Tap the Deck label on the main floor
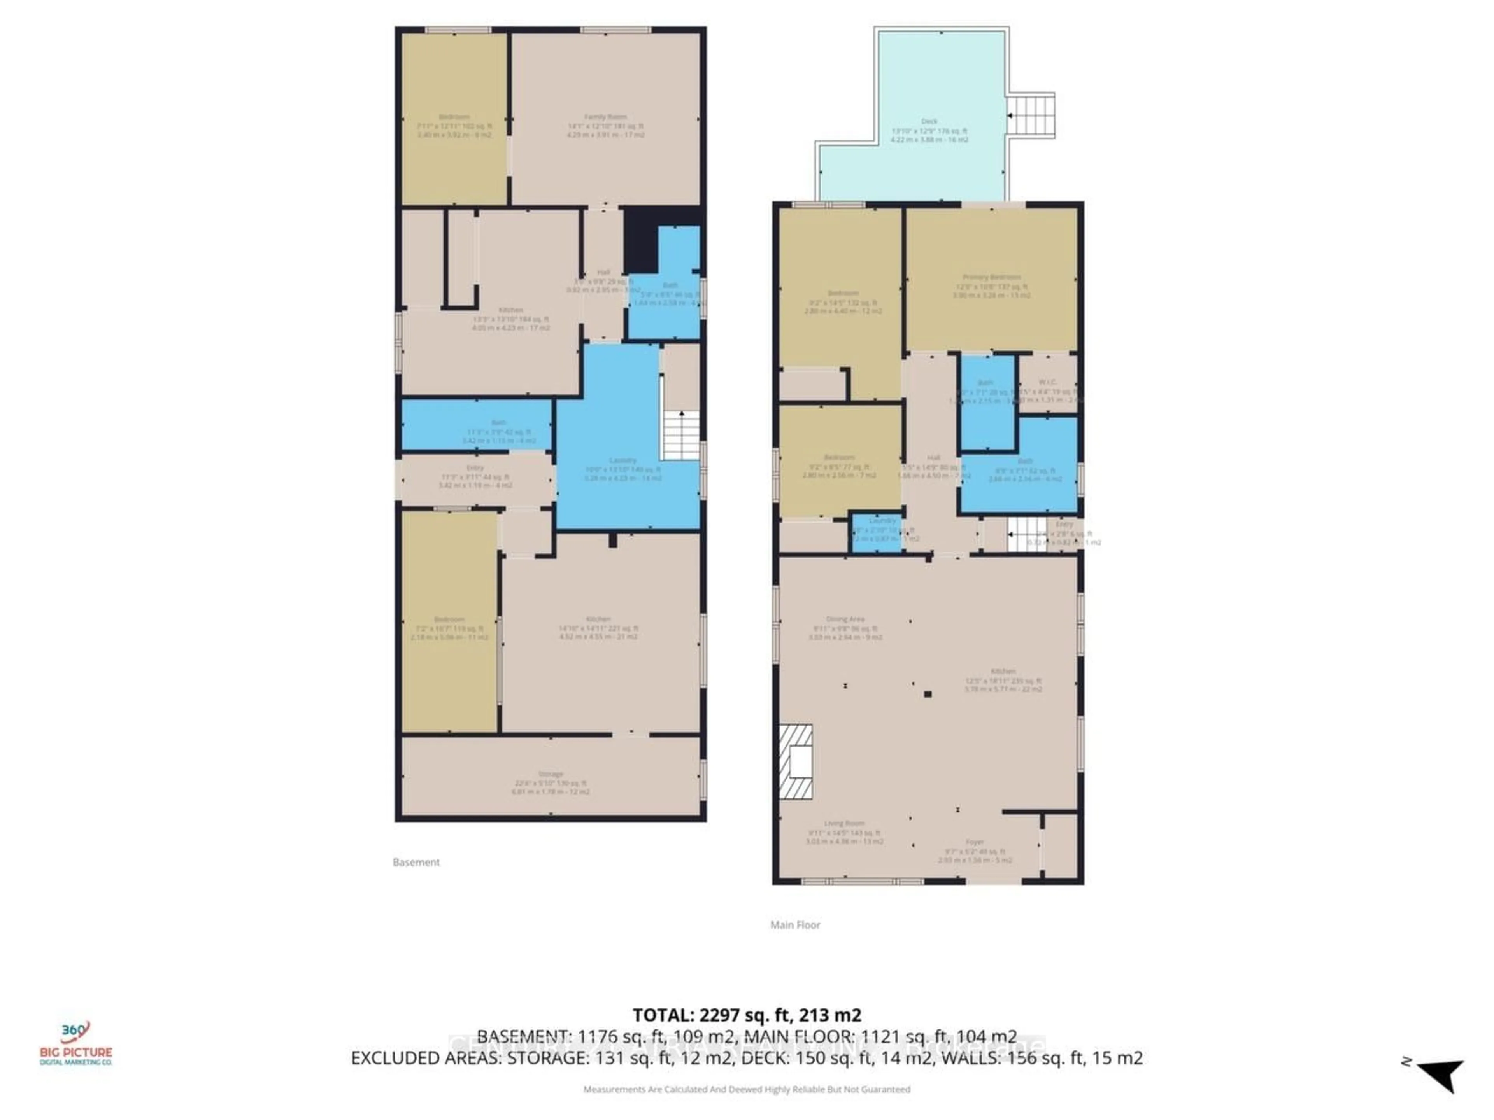pyautogui.click(x=929, y=121)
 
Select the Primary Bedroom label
pyautogui.click(x=991, y=277)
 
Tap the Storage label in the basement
pyautogui.click(x=551, y=774)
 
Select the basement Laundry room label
pyautogui.click(x=622, y=460)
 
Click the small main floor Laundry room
pyautogui.click(x=877, y=533)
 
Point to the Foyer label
pyautogui.click(x=975, y=842)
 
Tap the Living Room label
pyautogui.click(x=844, y=824)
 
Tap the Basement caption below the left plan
pyautogui.click(x=416, y=862)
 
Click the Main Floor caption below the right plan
pyautogui.click(x=795, y=925)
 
